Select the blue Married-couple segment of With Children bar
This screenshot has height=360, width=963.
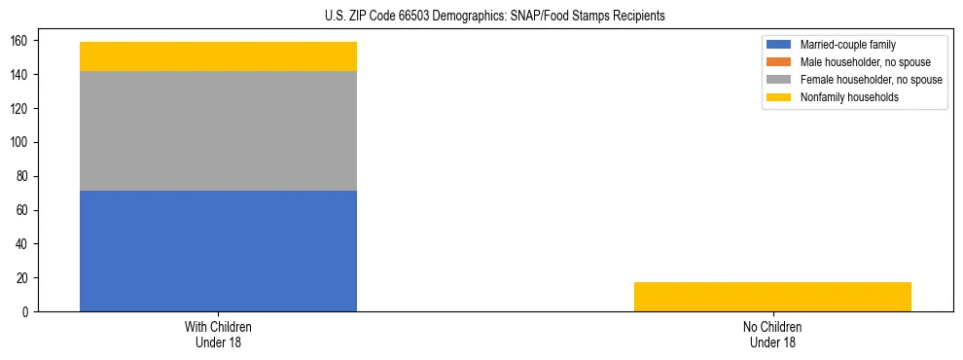(x=218, y=250)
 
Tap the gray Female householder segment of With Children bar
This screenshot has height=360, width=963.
(x=218, y=130)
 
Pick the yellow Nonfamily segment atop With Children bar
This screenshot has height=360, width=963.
(x=218, y=56)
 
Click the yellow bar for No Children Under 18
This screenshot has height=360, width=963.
(x=772, y=297)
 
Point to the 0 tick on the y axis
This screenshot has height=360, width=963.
(x=27, y=312)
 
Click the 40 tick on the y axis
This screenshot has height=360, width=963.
(x=24, y=244)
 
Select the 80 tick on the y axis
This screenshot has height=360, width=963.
(x=24, y=176)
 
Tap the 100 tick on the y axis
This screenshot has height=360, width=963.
(x=21, y=142)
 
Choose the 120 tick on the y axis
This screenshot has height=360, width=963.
(x=21, y=109)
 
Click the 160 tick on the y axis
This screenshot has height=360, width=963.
(x=21, y=41)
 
